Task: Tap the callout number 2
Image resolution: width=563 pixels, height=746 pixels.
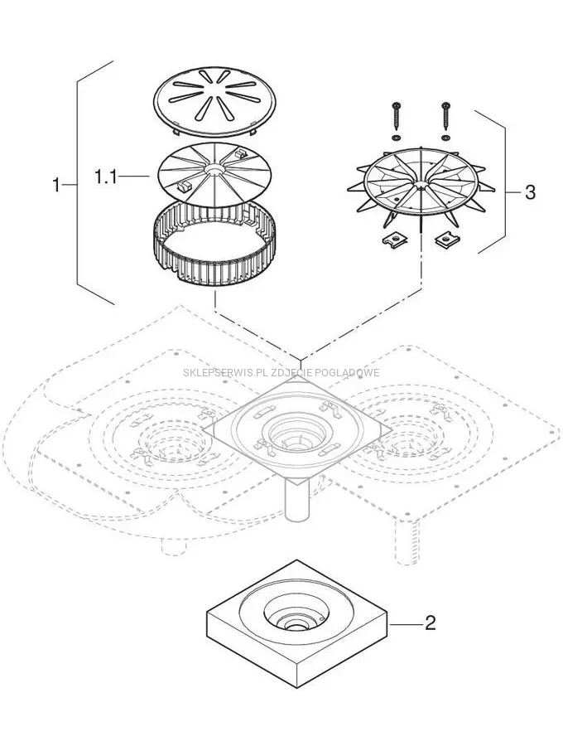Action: point(430,622)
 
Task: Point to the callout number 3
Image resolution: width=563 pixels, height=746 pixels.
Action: point(530,192)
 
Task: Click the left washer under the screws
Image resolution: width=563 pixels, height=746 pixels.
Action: point(397,136)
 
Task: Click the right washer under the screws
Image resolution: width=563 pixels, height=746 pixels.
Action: point(446,136)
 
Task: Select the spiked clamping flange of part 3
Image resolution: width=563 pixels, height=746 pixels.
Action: point(414,186)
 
